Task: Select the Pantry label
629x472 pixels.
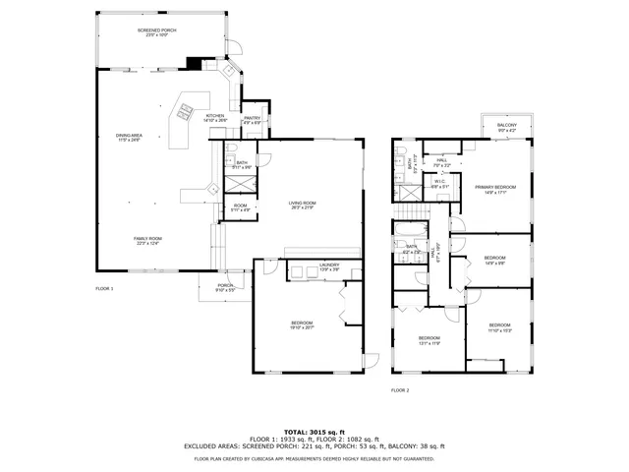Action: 252,119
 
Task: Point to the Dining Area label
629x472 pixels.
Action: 129,137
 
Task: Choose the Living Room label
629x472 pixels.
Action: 302,205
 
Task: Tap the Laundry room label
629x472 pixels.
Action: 329,266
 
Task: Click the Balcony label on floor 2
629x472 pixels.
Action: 506,127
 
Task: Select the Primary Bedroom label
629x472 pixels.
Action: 495,189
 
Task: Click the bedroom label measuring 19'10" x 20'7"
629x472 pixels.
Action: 302,324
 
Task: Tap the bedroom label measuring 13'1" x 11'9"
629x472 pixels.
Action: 427,339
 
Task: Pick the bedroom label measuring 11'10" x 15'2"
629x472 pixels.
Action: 499,326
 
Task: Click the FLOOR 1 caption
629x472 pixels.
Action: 104,288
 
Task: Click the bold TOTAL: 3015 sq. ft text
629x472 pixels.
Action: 314,432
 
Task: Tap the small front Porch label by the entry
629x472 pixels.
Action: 225,288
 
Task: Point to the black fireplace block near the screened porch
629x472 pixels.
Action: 195,64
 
